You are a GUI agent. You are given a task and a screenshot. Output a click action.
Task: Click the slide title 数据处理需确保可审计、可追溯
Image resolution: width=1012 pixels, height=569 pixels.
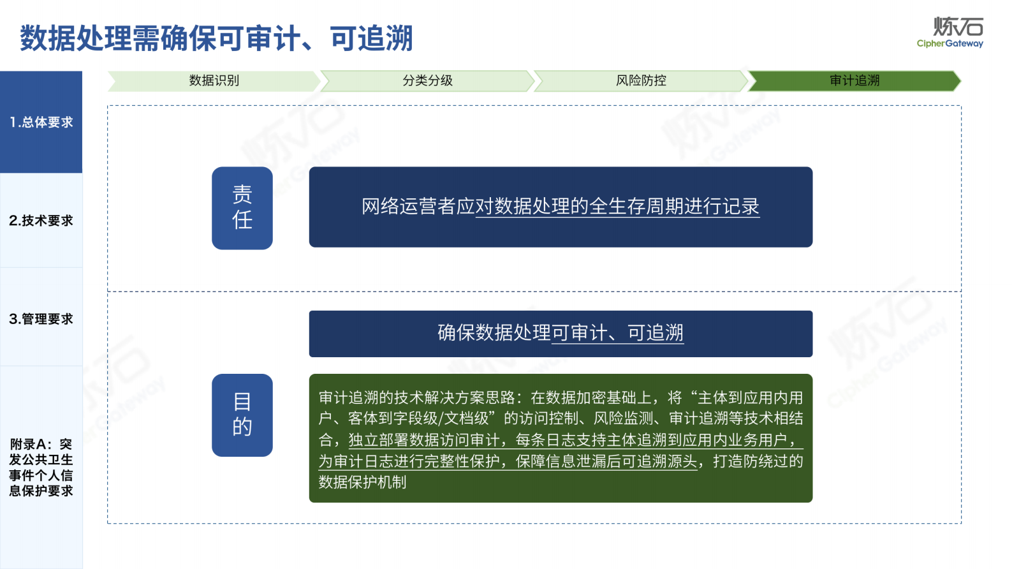click(216, 38)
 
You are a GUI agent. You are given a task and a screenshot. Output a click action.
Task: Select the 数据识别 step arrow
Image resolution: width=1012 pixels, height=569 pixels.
click(214, 81)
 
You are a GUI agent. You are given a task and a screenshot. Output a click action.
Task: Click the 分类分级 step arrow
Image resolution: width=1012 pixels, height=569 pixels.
click(427, 81)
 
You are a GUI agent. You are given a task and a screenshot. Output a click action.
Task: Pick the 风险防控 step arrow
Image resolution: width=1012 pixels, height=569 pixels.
click(641, 81)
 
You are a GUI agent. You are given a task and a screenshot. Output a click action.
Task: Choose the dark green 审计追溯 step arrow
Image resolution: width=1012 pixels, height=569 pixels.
click(854, 81)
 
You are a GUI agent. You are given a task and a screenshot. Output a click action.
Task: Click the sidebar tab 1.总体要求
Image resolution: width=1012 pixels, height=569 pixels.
click(41, 122)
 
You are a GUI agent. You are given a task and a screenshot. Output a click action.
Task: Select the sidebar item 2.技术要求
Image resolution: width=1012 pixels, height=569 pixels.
click(41, 221)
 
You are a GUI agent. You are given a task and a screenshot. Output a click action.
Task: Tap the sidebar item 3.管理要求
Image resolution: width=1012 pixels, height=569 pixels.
click(41, 319)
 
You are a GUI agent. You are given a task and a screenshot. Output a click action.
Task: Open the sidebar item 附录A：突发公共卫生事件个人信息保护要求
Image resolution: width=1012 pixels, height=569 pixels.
click(41, 467)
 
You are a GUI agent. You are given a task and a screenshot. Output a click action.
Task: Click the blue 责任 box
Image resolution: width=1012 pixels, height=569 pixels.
click(242, 208)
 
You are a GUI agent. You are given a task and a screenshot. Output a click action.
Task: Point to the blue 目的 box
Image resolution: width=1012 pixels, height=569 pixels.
click(242, 415)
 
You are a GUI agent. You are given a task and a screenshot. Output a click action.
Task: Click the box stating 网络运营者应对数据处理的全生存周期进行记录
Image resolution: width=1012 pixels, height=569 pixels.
click(561, 207)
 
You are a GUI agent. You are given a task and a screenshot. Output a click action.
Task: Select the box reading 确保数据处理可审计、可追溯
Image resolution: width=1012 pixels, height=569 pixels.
click(561, 334)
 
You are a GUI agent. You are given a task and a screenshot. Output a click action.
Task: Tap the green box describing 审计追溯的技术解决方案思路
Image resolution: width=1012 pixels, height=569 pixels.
click(561, 438)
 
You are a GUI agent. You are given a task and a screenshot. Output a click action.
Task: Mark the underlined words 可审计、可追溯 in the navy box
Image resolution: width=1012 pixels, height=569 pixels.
click(617, 333)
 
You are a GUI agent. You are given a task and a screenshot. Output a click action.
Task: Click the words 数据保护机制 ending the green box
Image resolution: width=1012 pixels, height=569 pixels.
click(362, 482)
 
